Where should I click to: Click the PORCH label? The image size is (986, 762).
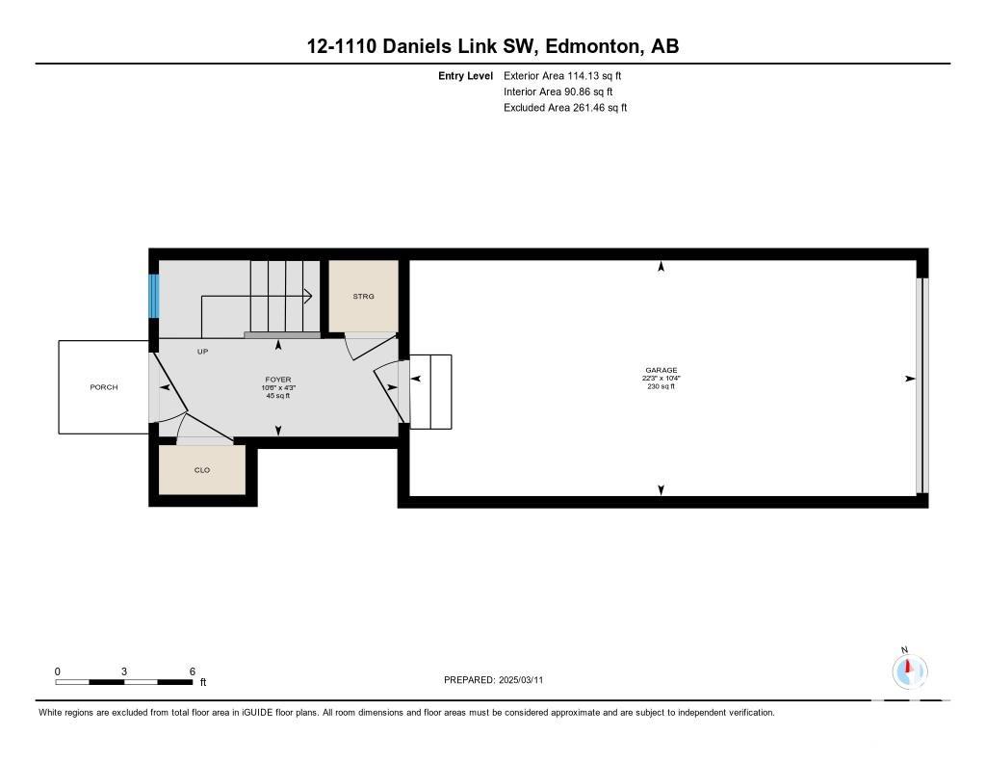pyautogui.click(x=104, y=387)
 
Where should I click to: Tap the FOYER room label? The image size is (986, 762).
pyautogui.click(x=278, y=380)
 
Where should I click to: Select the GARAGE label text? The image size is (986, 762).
pyautogui.click(x=661, y=370)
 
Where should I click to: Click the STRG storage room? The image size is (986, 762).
pyautogui.click(x=363, y=296)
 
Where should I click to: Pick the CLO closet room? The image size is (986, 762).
pyautogui.click(x=202, y=470)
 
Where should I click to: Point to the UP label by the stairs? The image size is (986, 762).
pyautogui.click(x=202, y=351)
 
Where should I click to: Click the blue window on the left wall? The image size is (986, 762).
pyautogui.click(x=153, y=296)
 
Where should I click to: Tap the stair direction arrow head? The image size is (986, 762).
pyautogui.click(x=308, y=295)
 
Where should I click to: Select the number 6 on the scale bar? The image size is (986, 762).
pyautogui.click(x=193, y=671)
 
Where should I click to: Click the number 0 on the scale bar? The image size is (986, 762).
pyautogui.click(x=57, y=671)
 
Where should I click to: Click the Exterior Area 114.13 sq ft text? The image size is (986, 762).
pyautogui.click(x=562, y=75)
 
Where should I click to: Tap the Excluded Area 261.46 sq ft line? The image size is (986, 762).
pyautogui.click(x=565, y=108)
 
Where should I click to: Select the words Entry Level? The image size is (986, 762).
pyautogui.click(x=465, y=75)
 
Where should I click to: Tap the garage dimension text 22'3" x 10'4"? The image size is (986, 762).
pyautogui.click(x=661, y=379)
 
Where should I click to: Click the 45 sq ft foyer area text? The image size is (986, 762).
pyautogui.click(x=278, y=396)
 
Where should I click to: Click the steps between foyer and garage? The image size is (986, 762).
pyautogui.click(x=430, y=392)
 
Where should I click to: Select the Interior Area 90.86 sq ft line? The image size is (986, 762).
pyautogui.click(x=558, y=92)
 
